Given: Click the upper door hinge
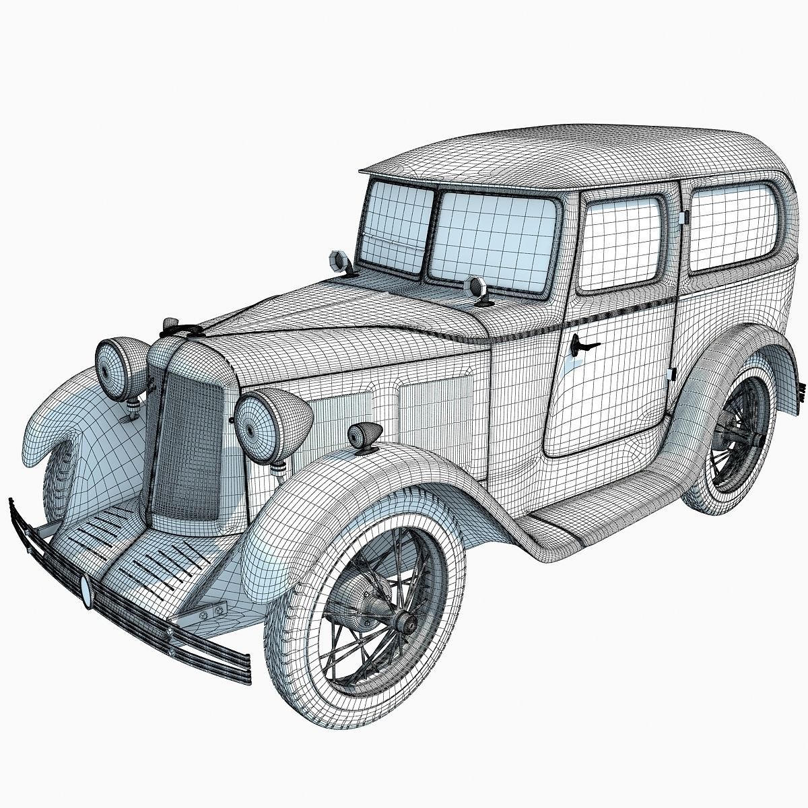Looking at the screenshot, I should (x=682, y=217).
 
